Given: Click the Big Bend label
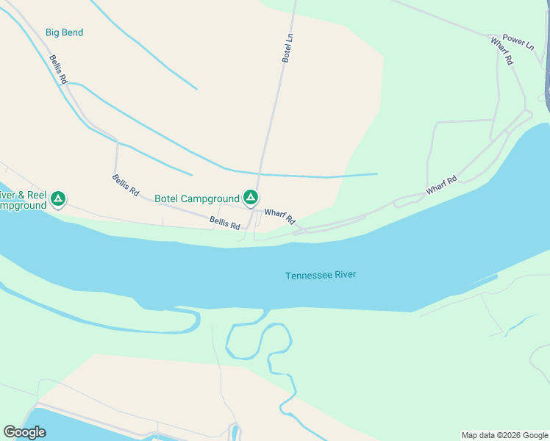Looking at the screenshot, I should point(64,32).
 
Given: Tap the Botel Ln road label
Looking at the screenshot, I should point(288,47).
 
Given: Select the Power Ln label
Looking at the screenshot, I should point(518,41).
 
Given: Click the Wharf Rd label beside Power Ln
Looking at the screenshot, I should point(501,51).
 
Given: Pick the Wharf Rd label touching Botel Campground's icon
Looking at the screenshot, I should point(279,216).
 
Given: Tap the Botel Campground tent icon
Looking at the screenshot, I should point(251,198).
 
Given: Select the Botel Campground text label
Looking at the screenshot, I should point(197,198).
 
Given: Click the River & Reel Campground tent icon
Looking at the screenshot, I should point(58,198).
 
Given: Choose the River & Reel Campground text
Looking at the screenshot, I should point(22,201).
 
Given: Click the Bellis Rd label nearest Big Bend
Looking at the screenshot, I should point(59,69).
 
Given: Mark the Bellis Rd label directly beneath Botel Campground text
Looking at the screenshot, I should point(224,223).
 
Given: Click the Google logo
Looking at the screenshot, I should point(24,432).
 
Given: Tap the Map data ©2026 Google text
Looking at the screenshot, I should point(504,435).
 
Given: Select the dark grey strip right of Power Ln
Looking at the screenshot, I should point(547,73).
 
